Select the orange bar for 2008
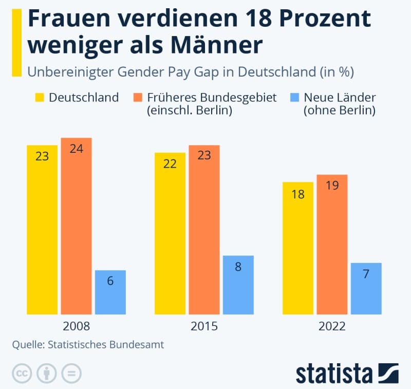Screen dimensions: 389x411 (x=76, y=226)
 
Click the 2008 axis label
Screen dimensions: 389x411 (x=76, y=326)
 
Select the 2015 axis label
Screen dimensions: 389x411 (x=204, y=326)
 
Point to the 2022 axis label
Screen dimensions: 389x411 (x=332, y=326)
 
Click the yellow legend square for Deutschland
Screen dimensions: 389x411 (x=40, y=97)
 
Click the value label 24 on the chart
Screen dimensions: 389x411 (x=76, y=149)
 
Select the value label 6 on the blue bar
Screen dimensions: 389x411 (x=110, y=281)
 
